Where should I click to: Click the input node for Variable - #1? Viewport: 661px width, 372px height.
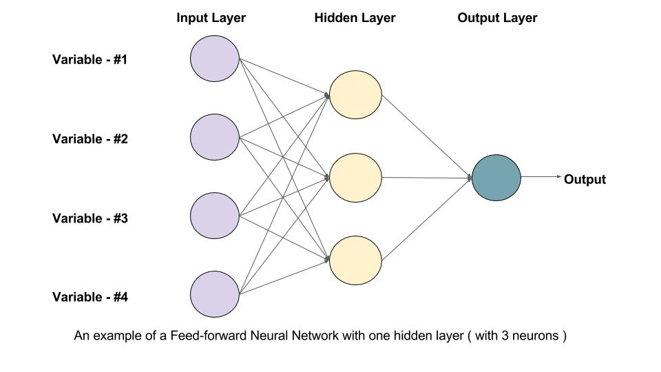tap(215, 59)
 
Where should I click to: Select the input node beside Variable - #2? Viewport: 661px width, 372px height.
tap(215, 138)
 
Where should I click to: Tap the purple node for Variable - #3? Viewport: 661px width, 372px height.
tap(215, 216)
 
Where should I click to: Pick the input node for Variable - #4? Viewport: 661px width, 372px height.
tap(215, 295)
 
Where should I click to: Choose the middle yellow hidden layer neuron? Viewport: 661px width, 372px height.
tap(355, 178)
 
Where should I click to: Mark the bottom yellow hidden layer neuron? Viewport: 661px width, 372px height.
tap(355, 261)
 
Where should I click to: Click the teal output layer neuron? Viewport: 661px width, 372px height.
tap(496, 178)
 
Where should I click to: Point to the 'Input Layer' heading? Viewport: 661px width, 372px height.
tap(211, 18)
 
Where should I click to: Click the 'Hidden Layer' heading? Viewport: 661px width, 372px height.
tap(355, 18)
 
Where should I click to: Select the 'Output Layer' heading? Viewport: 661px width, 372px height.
tap(497, 18)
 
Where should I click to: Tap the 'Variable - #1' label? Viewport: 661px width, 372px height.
tap(90, 59)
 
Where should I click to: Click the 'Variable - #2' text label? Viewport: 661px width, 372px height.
tap(90, 138)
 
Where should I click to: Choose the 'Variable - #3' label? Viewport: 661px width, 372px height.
tap(90, 218)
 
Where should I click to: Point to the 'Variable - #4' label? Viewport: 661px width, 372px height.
tap(90, 298)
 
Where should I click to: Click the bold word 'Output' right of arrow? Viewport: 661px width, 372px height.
tap(585, 180)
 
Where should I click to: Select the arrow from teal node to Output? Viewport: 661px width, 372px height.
tap(541, 177)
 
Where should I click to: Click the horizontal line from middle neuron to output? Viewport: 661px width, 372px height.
tap(427, 178)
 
